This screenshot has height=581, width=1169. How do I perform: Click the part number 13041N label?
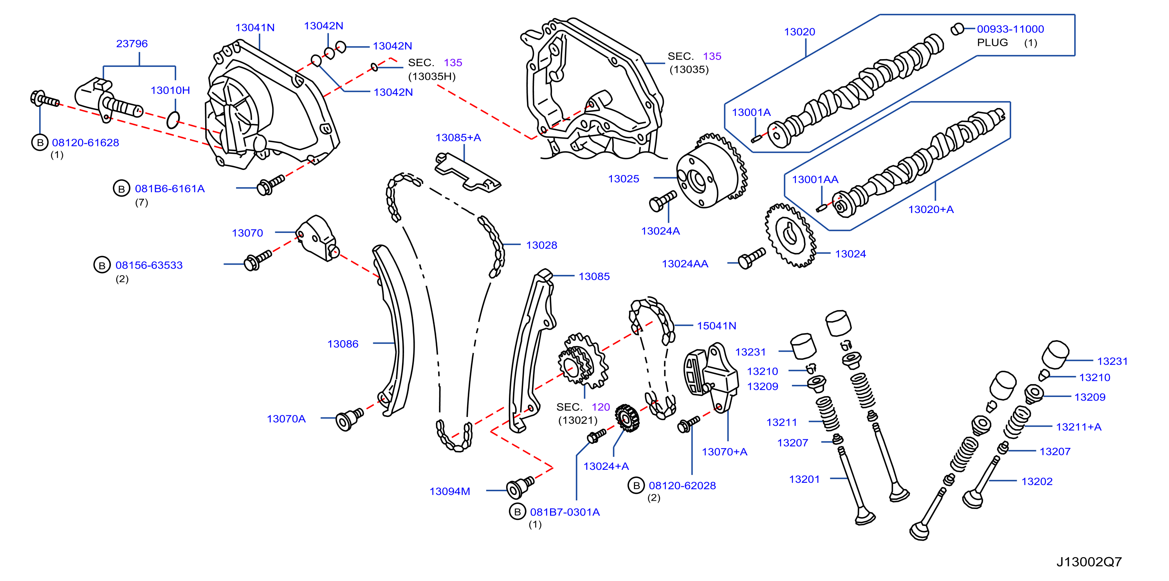(254, 28)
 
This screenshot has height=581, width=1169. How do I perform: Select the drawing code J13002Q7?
(1089, 562)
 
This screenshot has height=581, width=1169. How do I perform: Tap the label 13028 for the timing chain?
(541, 245)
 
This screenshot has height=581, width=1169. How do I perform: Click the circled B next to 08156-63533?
(102, 265)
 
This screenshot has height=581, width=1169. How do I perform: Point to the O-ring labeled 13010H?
(173, 120)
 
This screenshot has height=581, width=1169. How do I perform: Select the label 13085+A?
(458, 137)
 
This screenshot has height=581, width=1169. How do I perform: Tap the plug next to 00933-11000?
(957, 29)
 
